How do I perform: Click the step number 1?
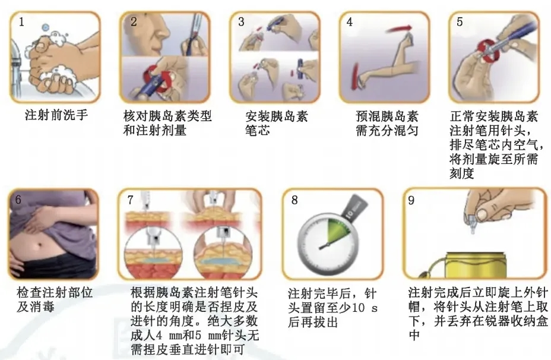21,22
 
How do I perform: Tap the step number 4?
349,22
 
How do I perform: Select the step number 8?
294,200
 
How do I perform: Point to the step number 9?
411,200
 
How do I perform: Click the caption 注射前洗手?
56,115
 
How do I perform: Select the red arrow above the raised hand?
399,29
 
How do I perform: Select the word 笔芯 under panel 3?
258,131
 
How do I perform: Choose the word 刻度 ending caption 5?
462,173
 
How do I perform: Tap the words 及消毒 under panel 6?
36,307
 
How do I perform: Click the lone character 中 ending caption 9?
414,334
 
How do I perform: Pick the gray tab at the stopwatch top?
355,207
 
